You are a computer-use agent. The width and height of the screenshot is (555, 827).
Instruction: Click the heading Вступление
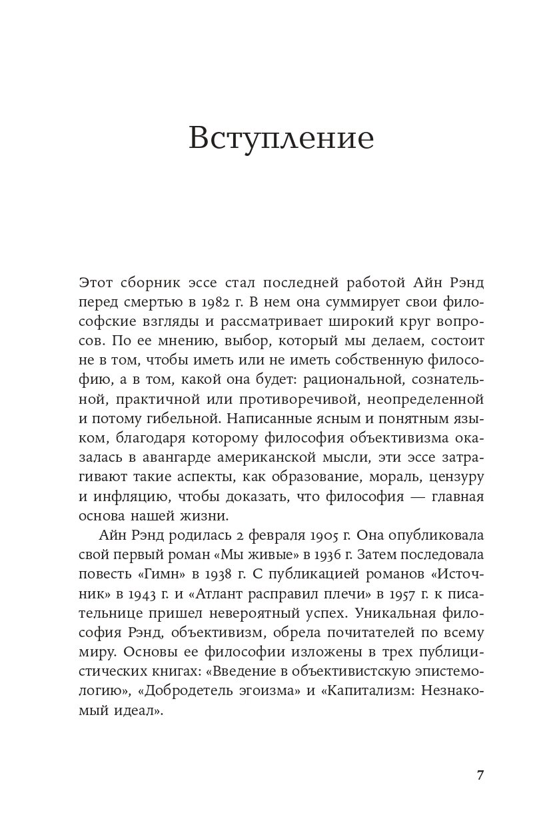[280, 138]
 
